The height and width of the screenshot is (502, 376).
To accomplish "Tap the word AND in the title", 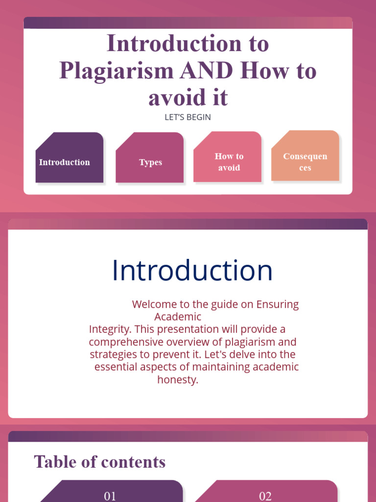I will (x=206, y=71).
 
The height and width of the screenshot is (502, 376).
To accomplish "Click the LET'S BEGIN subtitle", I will (x=188, y=118).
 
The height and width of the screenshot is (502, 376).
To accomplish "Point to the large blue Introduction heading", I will (x=192, y=270).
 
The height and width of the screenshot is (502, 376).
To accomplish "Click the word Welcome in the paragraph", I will (x=153, y=304).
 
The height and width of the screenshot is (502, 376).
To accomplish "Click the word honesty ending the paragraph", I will (x=178, y=379).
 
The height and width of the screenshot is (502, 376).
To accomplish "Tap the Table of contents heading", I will (x=100, y=462).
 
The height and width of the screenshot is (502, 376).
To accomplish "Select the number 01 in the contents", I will (x=110, y=496).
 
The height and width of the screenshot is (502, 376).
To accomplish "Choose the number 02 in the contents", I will (x=265, y=496).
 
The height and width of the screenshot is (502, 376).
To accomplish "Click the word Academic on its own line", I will (x=178, y=317).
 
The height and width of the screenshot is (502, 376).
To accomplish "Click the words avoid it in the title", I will (x=188, y=98).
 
